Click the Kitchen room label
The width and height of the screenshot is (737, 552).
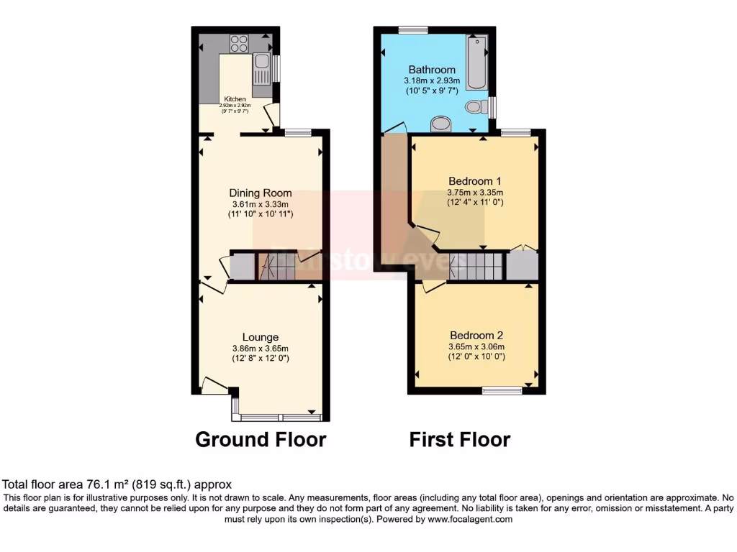point(235,99)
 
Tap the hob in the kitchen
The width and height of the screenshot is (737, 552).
point(238,43)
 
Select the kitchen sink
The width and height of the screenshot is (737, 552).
point(261,70)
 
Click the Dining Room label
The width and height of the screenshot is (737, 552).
point(261,193)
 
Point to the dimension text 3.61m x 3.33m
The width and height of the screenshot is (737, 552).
point(261,204)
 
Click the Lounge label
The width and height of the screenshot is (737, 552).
point(261,337)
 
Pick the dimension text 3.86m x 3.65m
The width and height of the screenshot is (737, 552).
point(261,348)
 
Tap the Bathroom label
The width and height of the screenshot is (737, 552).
point(432,70)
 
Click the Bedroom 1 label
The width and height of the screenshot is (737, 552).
point(475,181)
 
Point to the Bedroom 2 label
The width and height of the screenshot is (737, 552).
point(476,336)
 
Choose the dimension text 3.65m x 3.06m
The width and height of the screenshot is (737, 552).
point(476,346)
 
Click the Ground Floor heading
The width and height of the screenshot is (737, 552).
point(261,439)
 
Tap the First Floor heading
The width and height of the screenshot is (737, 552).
point(460,439)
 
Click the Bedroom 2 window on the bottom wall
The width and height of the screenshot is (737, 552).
point(502,390)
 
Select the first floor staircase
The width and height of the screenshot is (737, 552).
point(475,266)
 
